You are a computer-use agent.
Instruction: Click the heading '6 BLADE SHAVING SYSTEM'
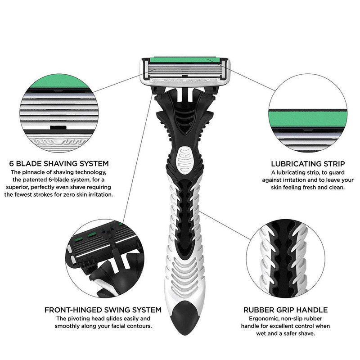pos(59,163)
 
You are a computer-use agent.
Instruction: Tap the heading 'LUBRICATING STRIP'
pos(308,164)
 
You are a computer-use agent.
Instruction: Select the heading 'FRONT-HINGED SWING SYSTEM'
pos(103,310)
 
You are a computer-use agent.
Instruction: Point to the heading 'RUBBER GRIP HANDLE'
pos(285,310)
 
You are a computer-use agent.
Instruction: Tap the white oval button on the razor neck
pos(186,159)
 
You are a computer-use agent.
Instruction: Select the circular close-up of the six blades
pos(59,113)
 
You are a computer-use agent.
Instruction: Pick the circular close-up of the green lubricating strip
pos(308,113)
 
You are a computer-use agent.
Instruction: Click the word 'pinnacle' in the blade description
pos(33,172)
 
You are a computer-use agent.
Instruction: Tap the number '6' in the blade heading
pos(12,163)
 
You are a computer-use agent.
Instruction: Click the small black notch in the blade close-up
pos(58,127)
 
